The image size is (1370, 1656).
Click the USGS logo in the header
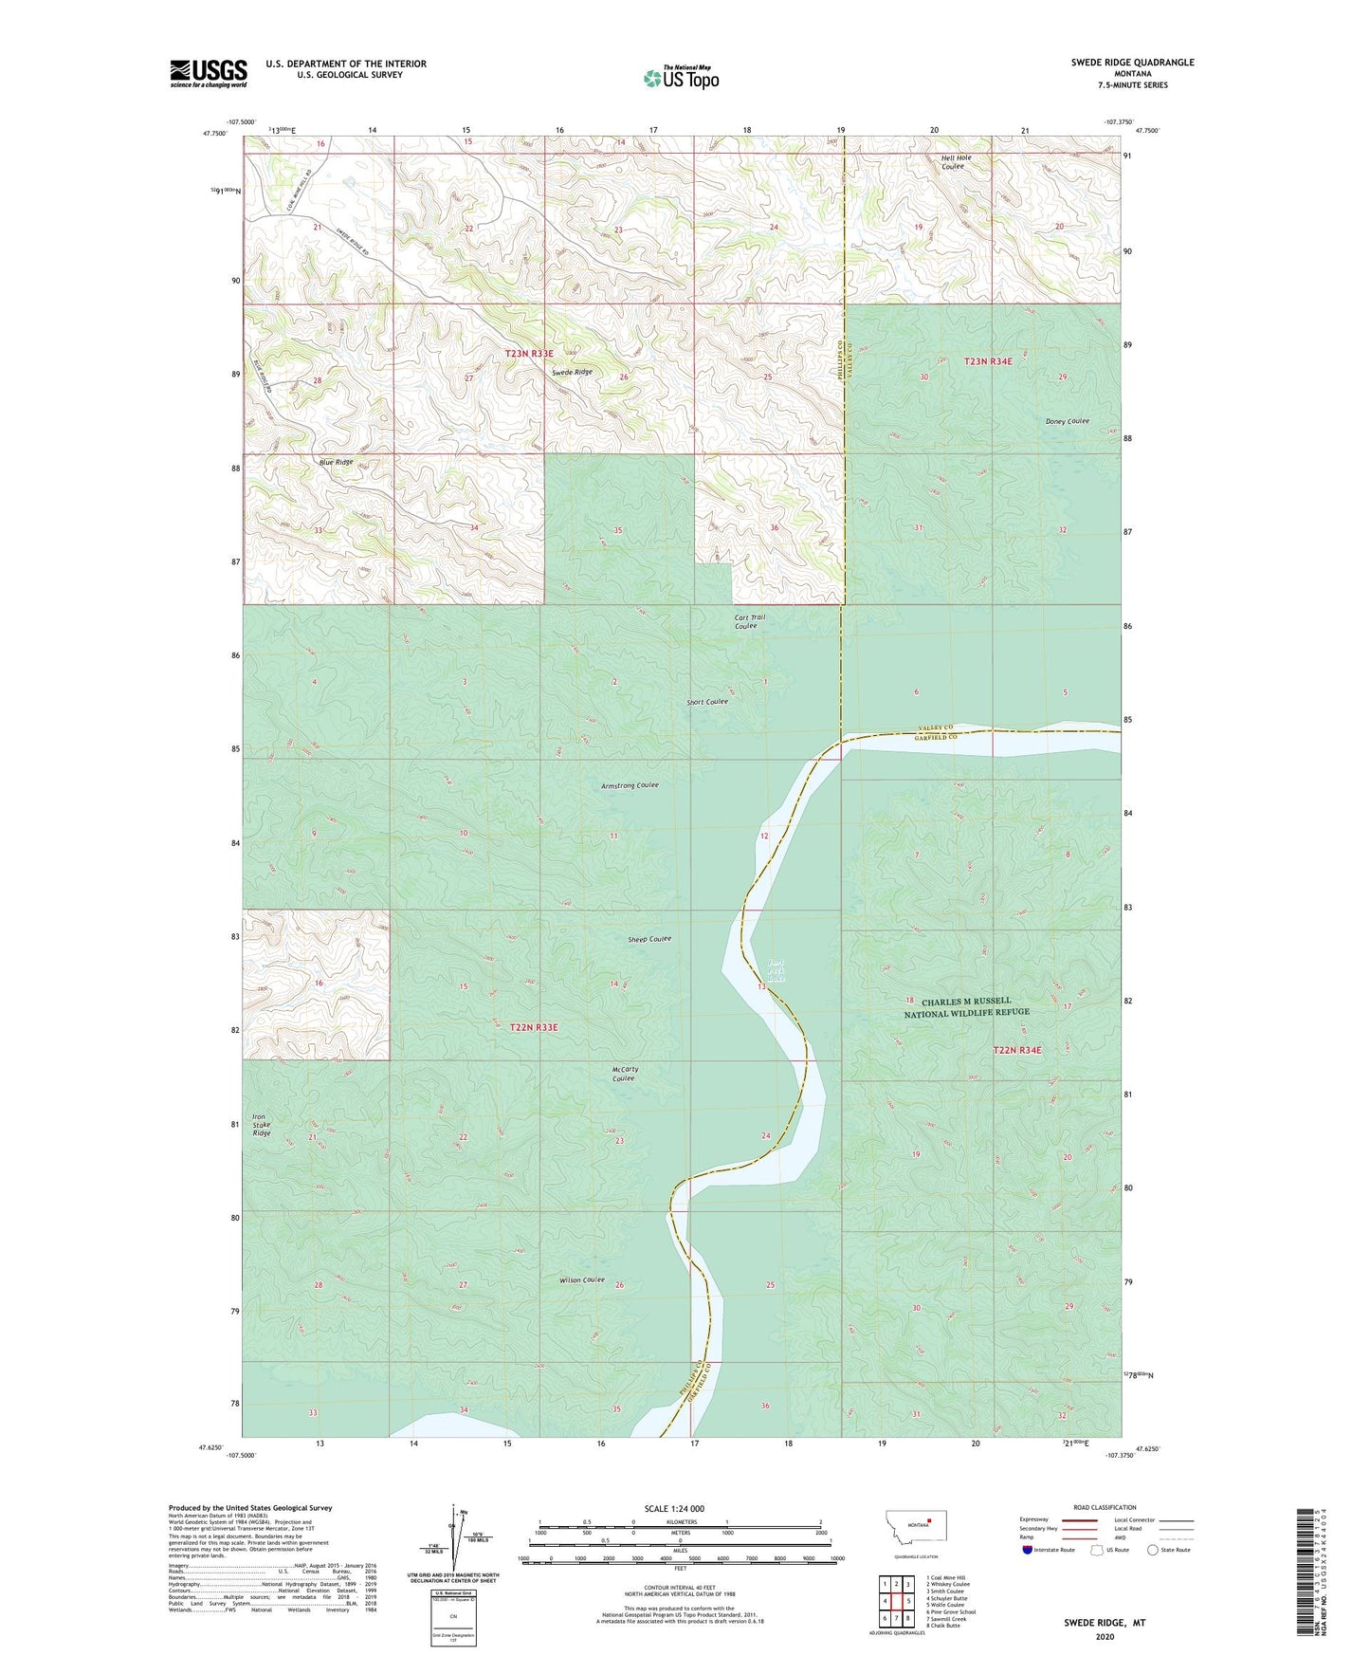[x=208, y=73]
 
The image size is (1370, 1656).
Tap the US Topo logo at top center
[x=680, y=78]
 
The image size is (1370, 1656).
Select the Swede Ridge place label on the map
[x=572, y=373]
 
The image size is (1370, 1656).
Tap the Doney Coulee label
[x=1067, y=421]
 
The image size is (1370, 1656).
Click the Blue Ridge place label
[x=336, y=462]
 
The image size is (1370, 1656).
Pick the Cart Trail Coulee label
[x=749, y=621]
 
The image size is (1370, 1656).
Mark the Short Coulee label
[x=707, y=702]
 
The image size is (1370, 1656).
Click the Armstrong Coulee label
[x=630, y=785]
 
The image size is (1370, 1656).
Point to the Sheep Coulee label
[x=649, y=939]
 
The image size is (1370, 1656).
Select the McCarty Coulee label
[x=625, y=1074]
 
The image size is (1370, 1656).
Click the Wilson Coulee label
[x=581, y=1280]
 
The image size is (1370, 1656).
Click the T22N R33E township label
[x=534, y=1027]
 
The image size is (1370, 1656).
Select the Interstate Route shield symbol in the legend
[x=1028, y=1550]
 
